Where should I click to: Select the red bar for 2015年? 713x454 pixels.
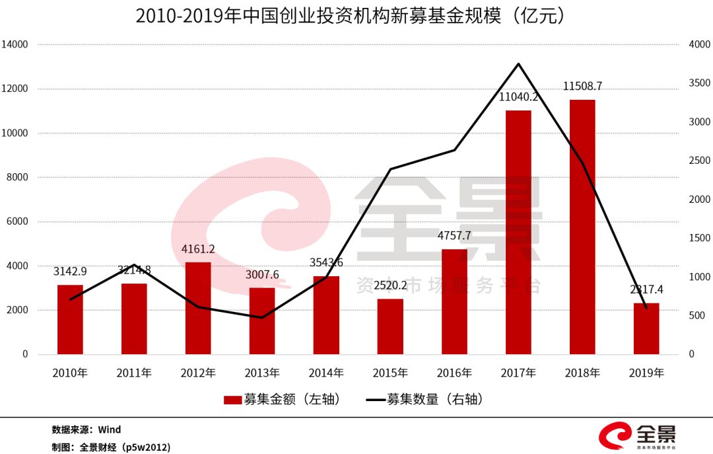(x=390, y=326)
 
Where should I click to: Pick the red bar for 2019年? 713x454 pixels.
(x=646, y=328)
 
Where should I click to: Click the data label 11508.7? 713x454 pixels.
(x=582, y=86)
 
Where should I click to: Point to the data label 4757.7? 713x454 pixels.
(x=454, y=235)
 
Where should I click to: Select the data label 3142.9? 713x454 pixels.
(x=70, y=271)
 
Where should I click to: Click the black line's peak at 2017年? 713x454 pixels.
(x=518, y=64)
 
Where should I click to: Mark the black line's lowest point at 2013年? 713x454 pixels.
(x=262, y=318)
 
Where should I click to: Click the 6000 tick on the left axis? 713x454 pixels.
(x=17, y=221)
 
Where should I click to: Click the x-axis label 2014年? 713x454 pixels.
(x=326, y=373)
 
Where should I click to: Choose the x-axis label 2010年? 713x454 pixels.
(x=70, y=373)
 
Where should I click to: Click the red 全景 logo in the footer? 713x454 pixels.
(x=638, y=437)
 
